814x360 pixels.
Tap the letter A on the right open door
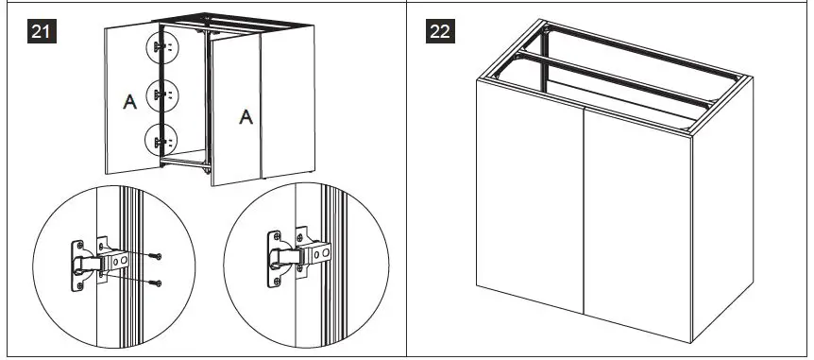(245, 117)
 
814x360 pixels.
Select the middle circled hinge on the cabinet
(161, 94)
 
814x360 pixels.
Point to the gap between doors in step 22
(585, 227)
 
